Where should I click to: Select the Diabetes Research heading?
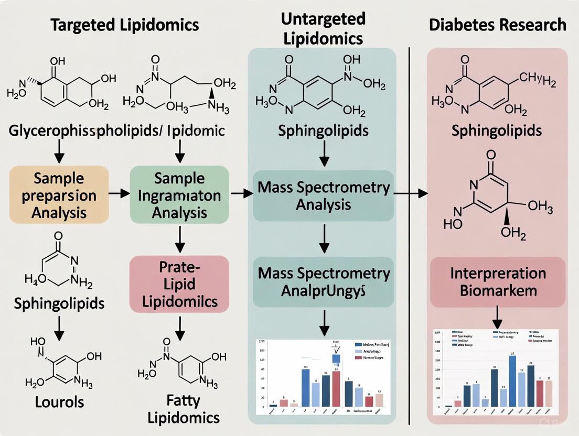tap(498, 25)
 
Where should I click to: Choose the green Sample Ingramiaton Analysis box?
tap(179, 195)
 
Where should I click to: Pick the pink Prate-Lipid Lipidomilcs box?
tap(179, 284)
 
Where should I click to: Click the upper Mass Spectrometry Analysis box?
tap(323, 195)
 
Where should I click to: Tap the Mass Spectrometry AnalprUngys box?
tap(323, 281)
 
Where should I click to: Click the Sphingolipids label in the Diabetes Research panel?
tap(497, 130)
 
